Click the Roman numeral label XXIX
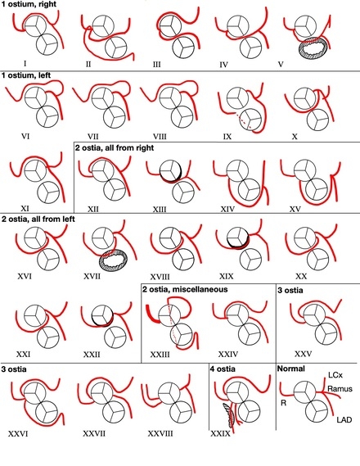tap(220, 434)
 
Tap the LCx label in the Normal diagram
tap(335, 375)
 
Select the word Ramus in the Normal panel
tap(340, 389)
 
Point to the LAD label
tap(344, 420)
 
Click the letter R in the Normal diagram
tap(283, 403)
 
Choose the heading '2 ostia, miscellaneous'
tap(185, 289)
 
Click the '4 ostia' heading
tap(223, 369)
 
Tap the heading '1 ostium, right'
tap(29, 4)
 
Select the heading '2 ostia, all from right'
tap(115, 147)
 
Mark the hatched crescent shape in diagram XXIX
tap(229, 413)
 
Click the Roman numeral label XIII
tap(160, 210)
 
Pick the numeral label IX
tap(227, 137)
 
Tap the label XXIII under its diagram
tap(160, 355)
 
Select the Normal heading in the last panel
tap(290, 369)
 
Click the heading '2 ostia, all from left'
tap(38, 219)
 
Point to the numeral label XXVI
tap(18, 434)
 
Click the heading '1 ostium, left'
tap(26, 75)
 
